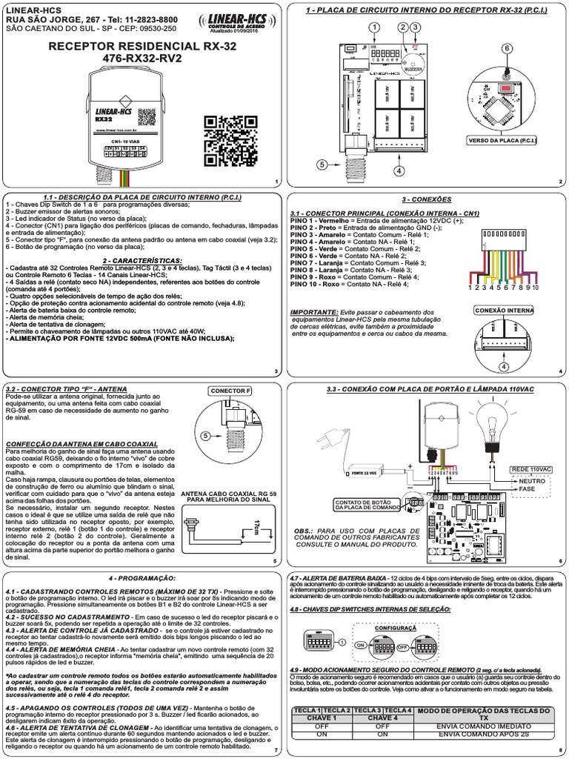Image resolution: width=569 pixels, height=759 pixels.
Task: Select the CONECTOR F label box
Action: click(x=230, y=390)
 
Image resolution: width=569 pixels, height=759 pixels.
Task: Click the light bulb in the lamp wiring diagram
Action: click(x=489, y=418)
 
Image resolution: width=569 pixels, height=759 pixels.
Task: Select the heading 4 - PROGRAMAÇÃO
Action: click(x=142, y=576)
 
